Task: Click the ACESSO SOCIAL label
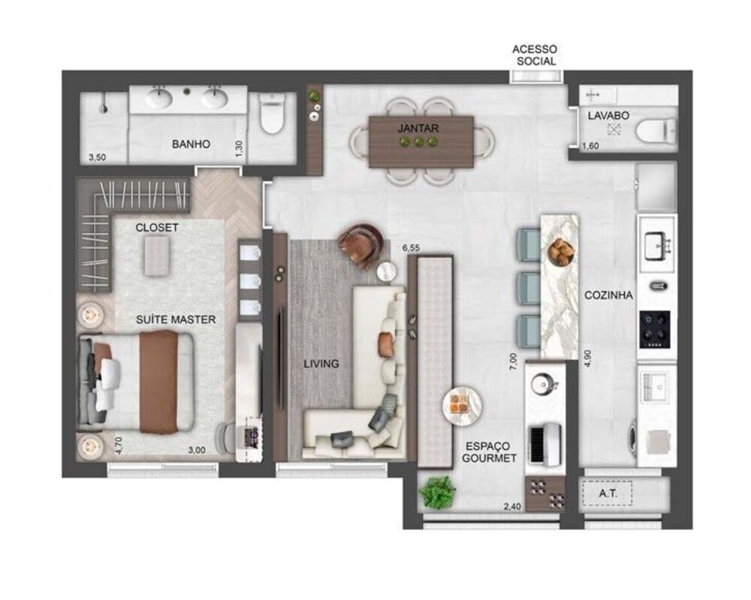click(x=534, y=55)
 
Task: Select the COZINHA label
click(x=608, y=295)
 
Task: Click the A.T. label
click(x=608, y=493)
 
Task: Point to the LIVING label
click(x=321, y=364)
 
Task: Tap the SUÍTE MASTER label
click(x=176, y=320)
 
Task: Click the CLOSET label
click(x=157, y=227)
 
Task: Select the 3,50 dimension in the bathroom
click(x=97, y=158)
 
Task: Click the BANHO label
click(x=191, y=144)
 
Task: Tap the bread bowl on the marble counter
click(x=560, y=252)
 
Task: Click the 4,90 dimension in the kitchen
click(x=588, y=356)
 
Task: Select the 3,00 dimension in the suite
click(x=196, y=450)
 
